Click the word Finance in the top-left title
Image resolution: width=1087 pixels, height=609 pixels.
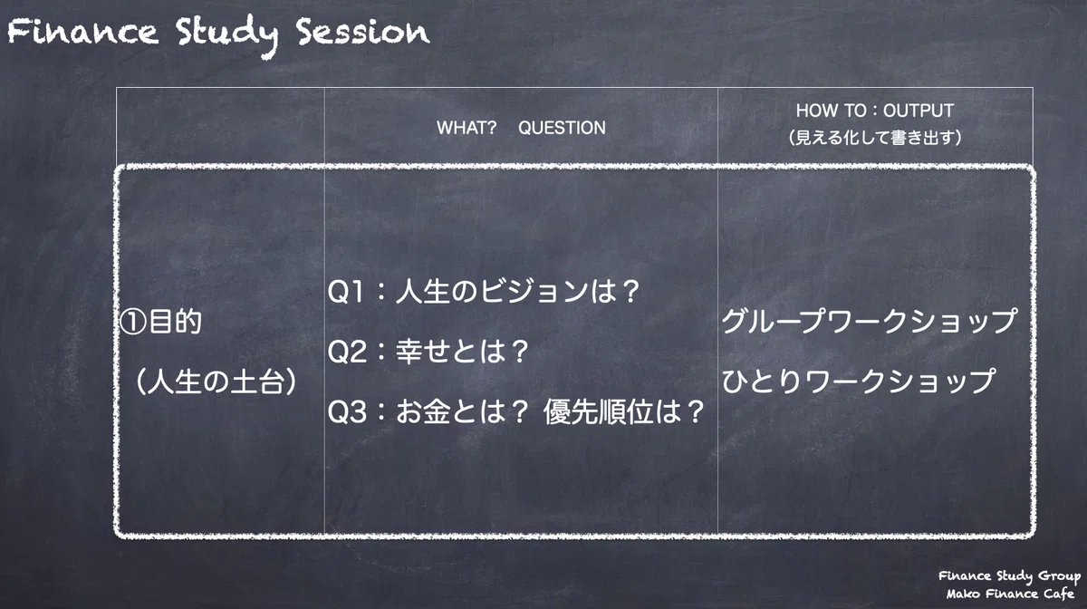pyautogui.click(x=82, y=32)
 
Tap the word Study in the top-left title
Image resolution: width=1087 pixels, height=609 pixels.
pyautogui.click(x=227, y=35)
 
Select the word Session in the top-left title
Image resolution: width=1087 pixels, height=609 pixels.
pyautogui.click(x=363, y=32)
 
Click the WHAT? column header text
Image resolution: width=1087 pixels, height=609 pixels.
pyautogui.click(x=467, y=128)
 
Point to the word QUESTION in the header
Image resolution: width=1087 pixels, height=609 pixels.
pyautogui.click(x=562, y=128)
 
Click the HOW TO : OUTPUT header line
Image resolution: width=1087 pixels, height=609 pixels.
pyautogui.click(x=875, y=111)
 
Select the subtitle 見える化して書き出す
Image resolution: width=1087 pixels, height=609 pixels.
pyautogui.click(x=875, y=138)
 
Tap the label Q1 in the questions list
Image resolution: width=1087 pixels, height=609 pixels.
pyautogui.click(x=345, y=293)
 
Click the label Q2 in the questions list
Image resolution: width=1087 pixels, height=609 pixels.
pyautogui.click(x=346, y=353)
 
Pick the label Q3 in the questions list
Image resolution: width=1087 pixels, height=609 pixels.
pyautogui.click(x=346, y=412)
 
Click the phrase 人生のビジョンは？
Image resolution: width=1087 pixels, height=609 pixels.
pyautogui.click(x=518, y=292)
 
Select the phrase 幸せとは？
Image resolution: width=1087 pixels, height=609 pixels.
pyautogui.click(x=462, y=352)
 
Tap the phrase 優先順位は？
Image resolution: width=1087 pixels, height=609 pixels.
pyautogui.click(x=624, y=411)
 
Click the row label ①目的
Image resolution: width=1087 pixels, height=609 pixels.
pyautogui.click(x=160, y=322)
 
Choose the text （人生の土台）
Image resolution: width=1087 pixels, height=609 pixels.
pyautogui.click(x=216, y=382)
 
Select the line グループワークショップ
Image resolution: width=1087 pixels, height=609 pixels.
pyautogui.click(x=869, y=321)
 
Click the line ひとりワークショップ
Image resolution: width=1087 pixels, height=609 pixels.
pyautogui.click(x=859, y=382)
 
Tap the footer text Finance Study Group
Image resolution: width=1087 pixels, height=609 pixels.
pyautogui.click(x=1009, y=576)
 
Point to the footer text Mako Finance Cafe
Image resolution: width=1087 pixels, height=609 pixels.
pyautogui.click(x=1010, y=594)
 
